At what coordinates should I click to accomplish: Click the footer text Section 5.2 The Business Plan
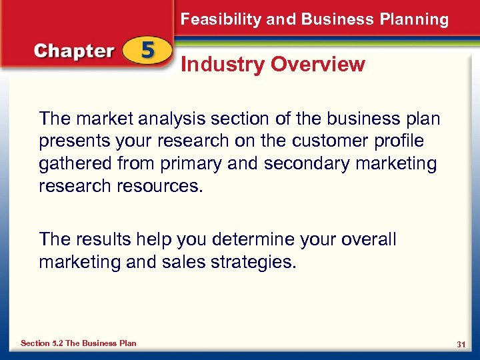click(x=79, y=343)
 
